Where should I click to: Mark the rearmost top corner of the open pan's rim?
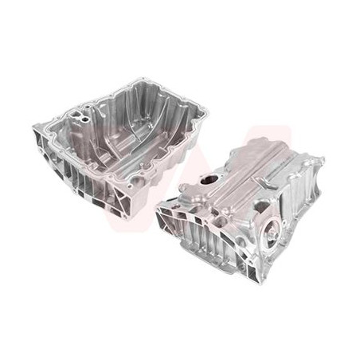(x=143, y=79)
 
